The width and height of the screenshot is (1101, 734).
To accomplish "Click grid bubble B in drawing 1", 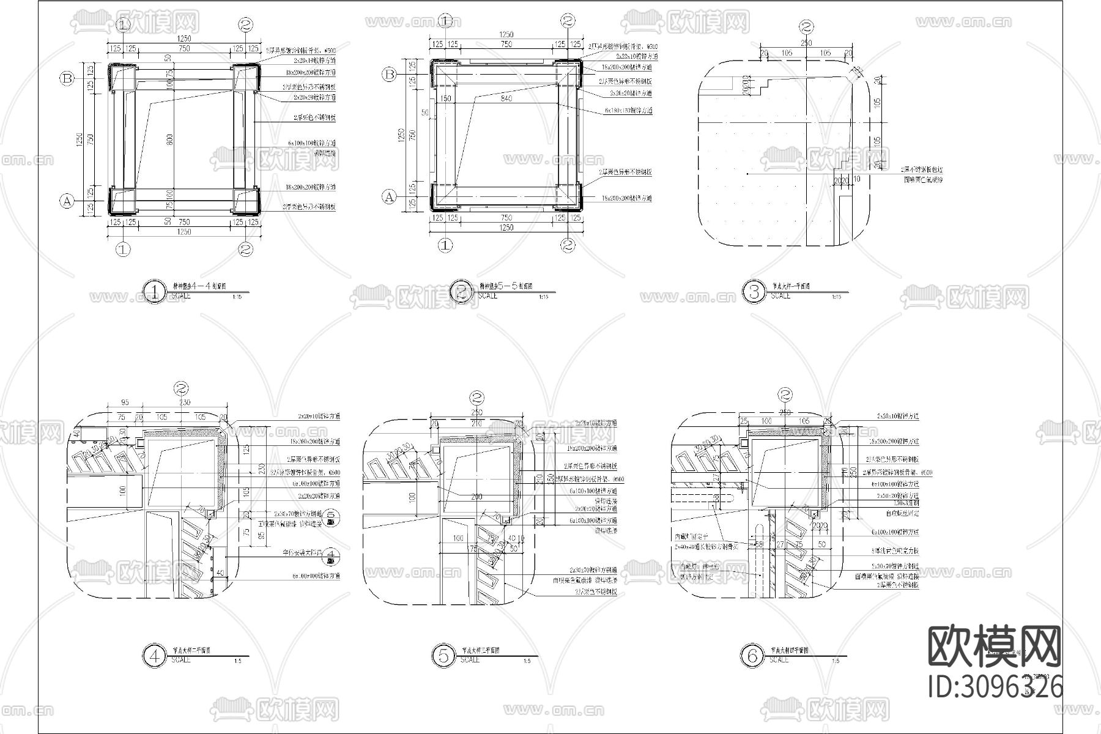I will [67, 78].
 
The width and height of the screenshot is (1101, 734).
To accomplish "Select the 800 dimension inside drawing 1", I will [170, 139].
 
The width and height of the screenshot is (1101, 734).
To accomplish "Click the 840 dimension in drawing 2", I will [505, 98].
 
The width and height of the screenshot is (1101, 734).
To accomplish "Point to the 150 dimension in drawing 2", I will [445, 98].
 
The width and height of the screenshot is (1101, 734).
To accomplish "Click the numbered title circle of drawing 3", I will [754, 291].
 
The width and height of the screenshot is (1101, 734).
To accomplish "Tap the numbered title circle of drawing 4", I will [154, 656].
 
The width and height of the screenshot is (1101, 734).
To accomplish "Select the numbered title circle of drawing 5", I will [443, 656].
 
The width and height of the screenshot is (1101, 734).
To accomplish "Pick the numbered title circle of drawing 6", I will [752, 656].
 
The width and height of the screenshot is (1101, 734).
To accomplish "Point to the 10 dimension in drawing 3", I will [856, 179].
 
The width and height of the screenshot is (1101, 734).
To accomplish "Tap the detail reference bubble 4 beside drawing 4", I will [330, 555].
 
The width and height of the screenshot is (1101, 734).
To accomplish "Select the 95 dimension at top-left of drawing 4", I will [124, 402].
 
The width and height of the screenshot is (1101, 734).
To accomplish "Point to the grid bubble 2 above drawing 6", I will [787, 395].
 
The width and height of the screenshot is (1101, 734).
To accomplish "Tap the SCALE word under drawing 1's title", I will [180, 296].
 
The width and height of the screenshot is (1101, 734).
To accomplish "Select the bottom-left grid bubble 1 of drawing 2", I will [446, 245].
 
